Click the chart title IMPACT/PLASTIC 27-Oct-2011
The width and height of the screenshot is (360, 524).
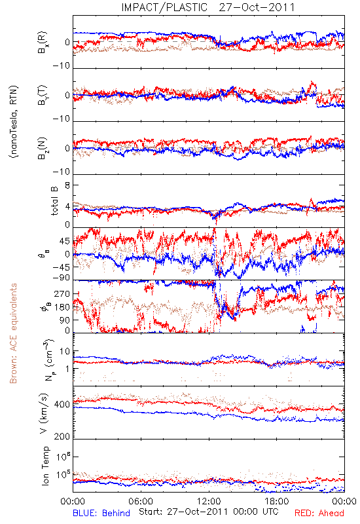(208, 7)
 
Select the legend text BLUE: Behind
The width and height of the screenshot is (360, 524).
(101, 513)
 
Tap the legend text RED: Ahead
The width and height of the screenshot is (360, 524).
(319, 513)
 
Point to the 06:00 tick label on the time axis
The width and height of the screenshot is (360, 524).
(141, 501)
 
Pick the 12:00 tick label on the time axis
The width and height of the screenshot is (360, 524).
(209, 501)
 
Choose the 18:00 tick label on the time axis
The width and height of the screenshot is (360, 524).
(277, 501)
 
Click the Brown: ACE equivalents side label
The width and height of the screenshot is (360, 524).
(13, 333)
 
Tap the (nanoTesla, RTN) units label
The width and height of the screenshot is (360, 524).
(14, 122)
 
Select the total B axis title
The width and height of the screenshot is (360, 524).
(54, 201)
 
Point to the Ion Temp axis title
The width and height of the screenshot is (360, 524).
(45, 466)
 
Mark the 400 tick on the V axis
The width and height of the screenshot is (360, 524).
(62, 405)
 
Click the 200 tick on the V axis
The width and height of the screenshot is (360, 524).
(62, 436)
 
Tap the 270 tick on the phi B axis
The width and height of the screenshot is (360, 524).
(62, 294)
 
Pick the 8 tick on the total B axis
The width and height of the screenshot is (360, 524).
(67, 185)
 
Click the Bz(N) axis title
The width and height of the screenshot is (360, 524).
(43, 148)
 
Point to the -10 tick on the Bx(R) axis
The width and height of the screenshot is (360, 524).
(62, 66)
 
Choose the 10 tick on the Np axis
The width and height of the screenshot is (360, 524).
(65, 352)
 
